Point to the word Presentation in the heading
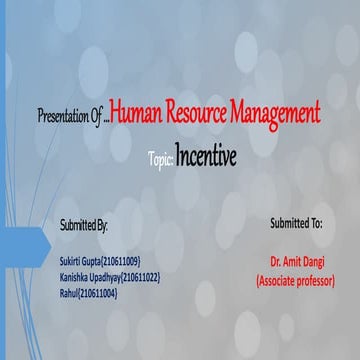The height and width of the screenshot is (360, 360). point(62,117)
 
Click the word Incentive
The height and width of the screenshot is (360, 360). point(206,157)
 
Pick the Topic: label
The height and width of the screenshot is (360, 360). point(160,159)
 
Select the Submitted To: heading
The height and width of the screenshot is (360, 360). point(296,221)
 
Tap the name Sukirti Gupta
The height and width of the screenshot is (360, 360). point(83,259)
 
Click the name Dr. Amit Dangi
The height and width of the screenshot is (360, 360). point(296,258)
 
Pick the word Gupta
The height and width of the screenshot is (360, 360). point(97,259)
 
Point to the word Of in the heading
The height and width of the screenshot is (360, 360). point(98,117)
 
